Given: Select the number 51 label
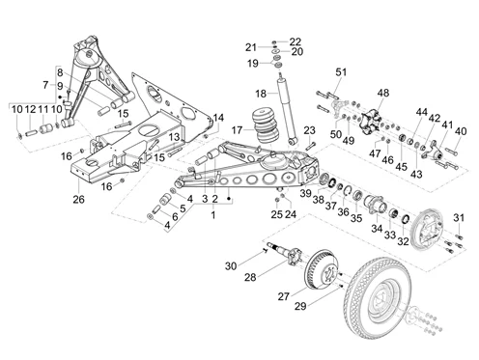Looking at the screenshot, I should point(339,72).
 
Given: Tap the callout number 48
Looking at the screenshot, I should point(383,93).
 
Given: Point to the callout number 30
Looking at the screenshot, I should point(229,265).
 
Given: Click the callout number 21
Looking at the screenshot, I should point(250,46).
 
